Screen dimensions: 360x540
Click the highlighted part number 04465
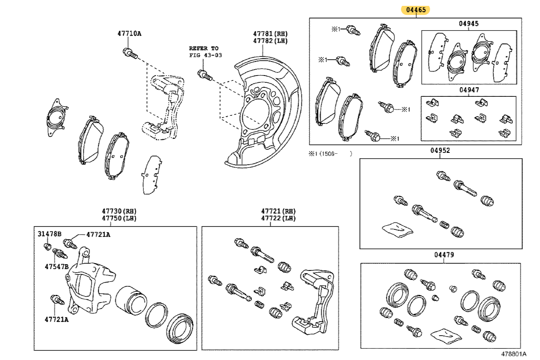click(x=417, y=9)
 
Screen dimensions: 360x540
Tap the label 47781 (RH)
click(x=270, y=33)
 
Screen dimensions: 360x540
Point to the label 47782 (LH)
click(x=270, y=41)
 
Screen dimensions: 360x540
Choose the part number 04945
click(x=468, y=24)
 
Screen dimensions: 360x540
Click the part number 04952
click(x=440, y=150)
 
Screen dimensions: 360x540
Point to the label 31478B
click(x=50, y=234)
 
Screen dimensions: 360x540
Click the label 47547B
click(x=56, y=266)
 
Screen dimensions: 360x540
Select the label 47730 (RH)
click(x=119, y=211)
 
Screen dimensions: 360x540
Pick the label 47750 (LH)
click(x=119, y=218)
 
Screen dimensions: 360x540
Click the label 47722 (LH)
click(x=278, y=218)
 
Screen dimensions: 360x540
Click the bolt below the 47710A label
click(x=129, y=53)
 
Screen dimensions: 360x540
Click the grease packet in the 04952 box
click(x=398, y=229)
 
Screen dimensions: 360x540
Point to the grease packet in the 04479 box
click(x=446, y=335)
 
